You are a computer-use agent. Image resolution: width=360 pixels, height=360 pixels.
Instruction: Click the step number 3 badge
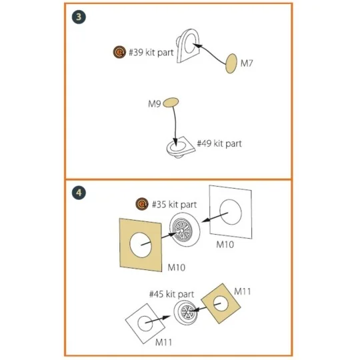point(79,17)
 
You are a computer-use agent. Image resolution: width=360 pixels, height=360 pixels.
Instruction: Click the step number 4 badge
point(79,193)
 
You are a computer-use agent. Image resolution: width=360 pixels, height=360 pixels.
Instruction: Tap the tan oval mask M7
point(231,63)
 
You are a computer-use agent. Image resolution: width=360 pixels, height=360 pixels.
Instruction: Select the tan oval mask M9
point(171,103)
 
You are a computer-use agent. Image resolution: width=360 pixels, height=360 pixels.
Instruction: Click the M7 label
point(247,63)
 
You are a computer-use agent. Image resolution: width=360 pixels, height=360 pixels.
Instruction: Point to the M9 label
point(154,104)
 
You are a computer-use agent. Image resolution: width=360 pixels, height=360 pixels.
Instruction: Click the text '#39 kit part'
point(151,53)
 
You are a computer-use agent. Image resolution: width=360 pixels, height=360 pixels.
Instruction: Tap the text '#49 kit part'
point(219,143)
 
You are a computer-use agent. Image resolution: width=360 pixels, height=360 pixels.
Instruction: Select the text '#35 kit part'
point(175,205)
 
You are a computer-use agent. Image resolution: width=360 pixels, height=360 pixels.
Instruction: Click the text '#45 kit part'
point(171,294)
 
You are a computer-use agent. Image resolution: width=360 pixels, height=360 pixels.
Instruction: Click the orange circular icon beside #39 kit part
point(119,52)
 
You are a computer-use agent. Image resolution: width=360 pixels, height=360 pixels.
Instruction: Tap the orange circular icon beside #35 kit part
point(142,204)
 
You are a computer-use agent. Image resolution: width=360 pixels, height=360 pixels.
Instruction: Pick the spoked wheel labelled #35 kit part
point(185,229)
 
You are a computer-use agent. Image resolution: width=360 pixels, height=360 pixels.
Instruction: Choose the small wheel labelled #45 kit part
point(185,312)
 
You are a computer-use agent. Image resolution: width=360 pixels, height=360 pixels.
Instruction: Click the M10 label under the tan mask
point(176,267)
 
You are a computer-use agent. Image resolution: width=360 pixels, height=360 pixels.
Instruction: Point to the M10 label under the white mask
point(225,245)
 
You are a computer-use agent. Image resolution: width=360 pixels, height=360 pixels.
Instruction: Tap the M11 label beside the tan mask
point(243,291)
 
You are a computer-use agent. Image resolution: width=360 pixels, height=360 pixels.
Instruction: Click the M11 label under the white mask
point(163,342)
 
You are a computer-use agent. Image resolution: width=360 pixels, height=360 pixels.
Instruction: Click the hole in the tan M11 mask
point(221,304)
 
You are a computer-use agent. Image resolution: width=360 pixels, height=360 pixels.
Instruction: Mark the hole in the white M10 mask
point(231,212)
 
